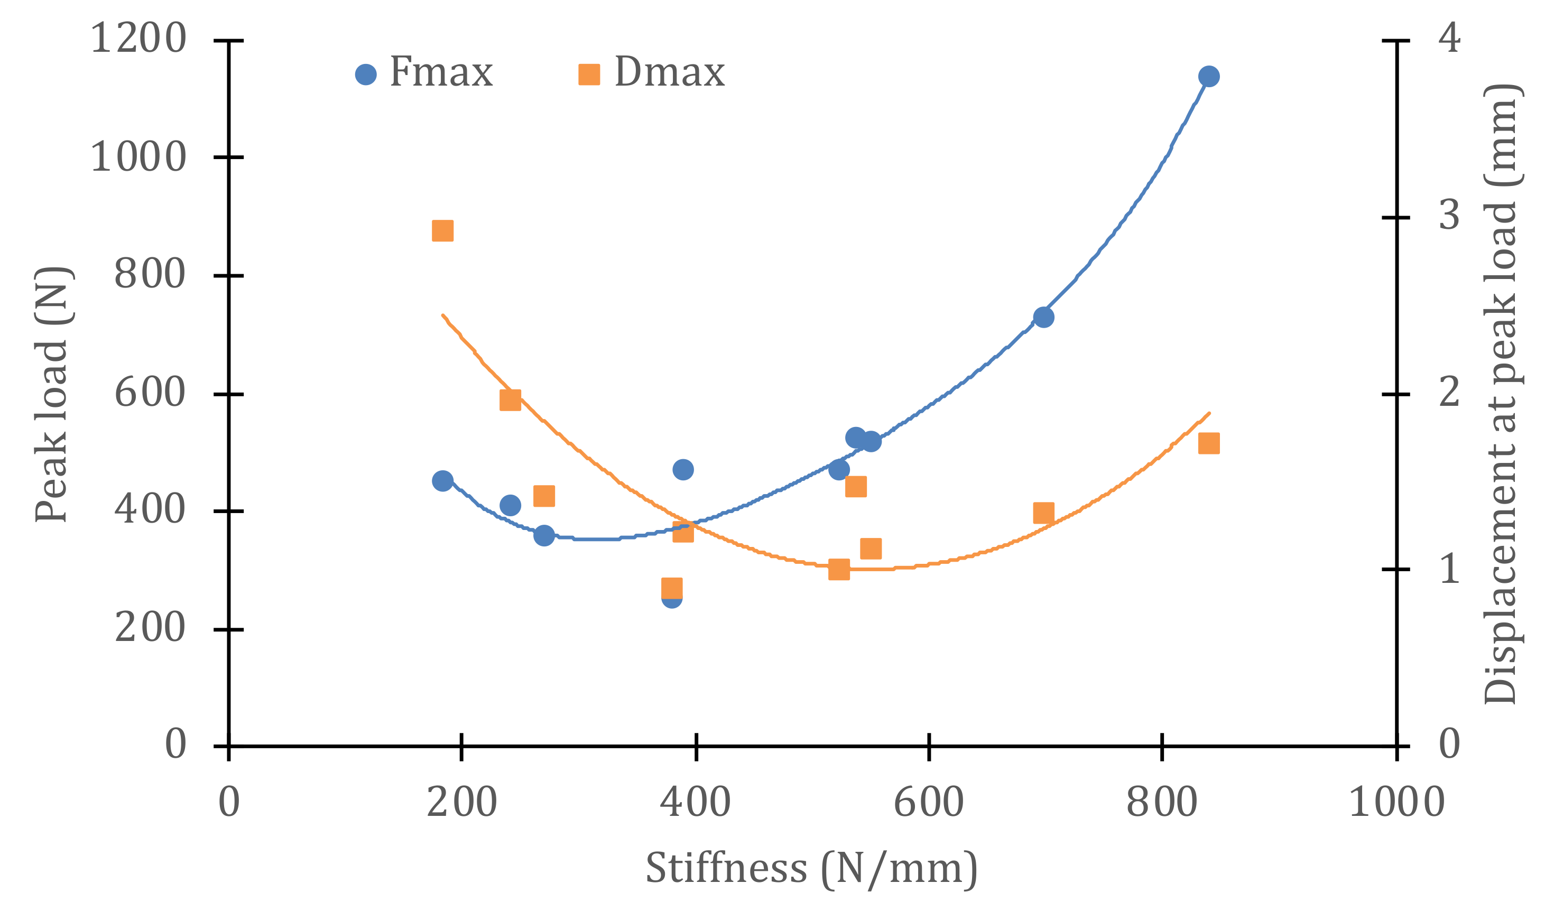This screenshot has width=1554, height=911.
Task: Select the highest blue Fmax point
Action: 1209,77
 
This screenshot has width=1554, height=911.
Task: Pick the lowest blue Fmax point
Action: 672,597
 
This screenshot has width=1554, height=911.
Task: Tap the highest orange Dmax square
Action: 443,230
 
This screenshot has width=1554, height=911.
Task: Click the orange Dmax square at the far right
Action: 1209,443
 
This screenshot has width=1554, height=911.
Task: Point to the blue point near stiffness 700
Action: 1043,318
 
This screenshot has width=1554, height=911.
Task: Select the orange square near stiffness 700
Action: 1043,512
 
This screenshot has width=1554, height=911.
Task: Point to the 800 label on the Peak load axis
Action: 150,274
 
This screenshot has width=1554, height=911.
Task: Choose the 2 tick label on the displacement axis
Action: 1449,393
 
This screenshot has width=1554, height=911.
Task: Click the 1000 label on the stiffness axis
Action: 1396,803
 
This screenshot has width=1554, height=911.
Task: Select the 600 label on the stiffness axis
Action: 929,803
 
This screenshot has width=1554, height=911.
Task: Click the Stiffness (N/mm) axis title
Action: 811,869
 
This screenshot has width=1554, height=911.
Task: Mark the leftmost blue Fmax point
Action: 443,481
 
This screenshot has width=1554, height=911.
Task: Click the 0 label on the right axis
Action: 1449,744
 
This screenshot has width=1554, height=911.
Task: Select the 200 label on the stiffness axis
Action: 462,803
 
